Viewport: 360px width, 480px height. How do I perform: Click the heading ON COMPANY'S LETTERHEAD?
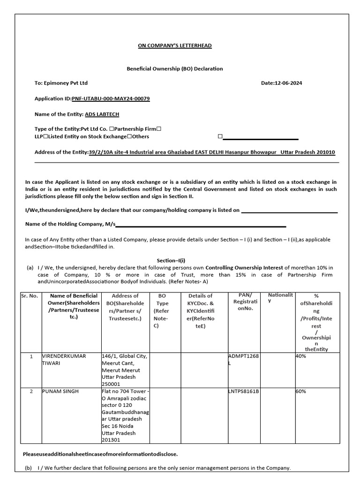point(174,45)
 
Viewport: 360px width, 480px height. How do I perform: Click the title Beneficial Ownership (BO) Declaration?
point(175,68)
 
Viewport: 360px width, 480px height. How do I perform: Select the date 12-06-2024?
point(288,83)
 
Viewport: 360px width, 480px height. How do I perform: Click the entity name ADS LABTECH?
point(102,114)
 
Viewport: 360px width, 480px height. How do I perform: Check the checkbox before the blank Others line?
point(220,136)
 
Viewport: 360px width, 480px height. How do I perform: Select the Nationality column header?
point(280,298)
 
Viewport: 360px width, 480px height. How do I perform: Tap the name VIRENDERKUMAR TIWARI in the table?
point(64,360)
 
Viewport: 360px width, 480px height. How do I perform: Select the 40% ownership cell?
point(300,356)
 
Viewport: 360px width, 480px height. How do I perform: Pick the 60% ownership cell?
point(300,391)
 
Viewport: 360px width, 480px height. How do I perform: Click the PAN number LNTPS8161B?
point(243,391)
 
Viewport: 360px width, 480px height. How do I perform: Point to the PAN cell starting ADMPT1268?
point(243,360)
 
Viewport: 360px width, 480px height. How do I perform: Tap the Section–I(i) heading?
point(171,260)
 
